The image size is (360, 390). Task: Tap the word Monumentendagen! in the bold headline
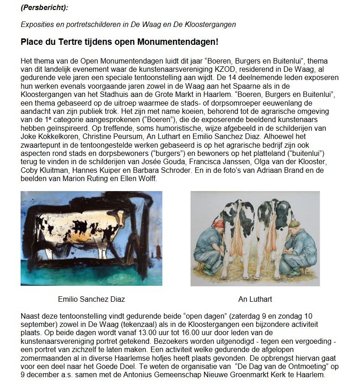pos(182,42)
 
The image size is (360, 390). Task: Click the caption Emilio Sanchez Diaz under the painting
pos(91,299)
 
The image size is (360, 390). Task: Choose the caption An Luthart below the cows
pos(255,299)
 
